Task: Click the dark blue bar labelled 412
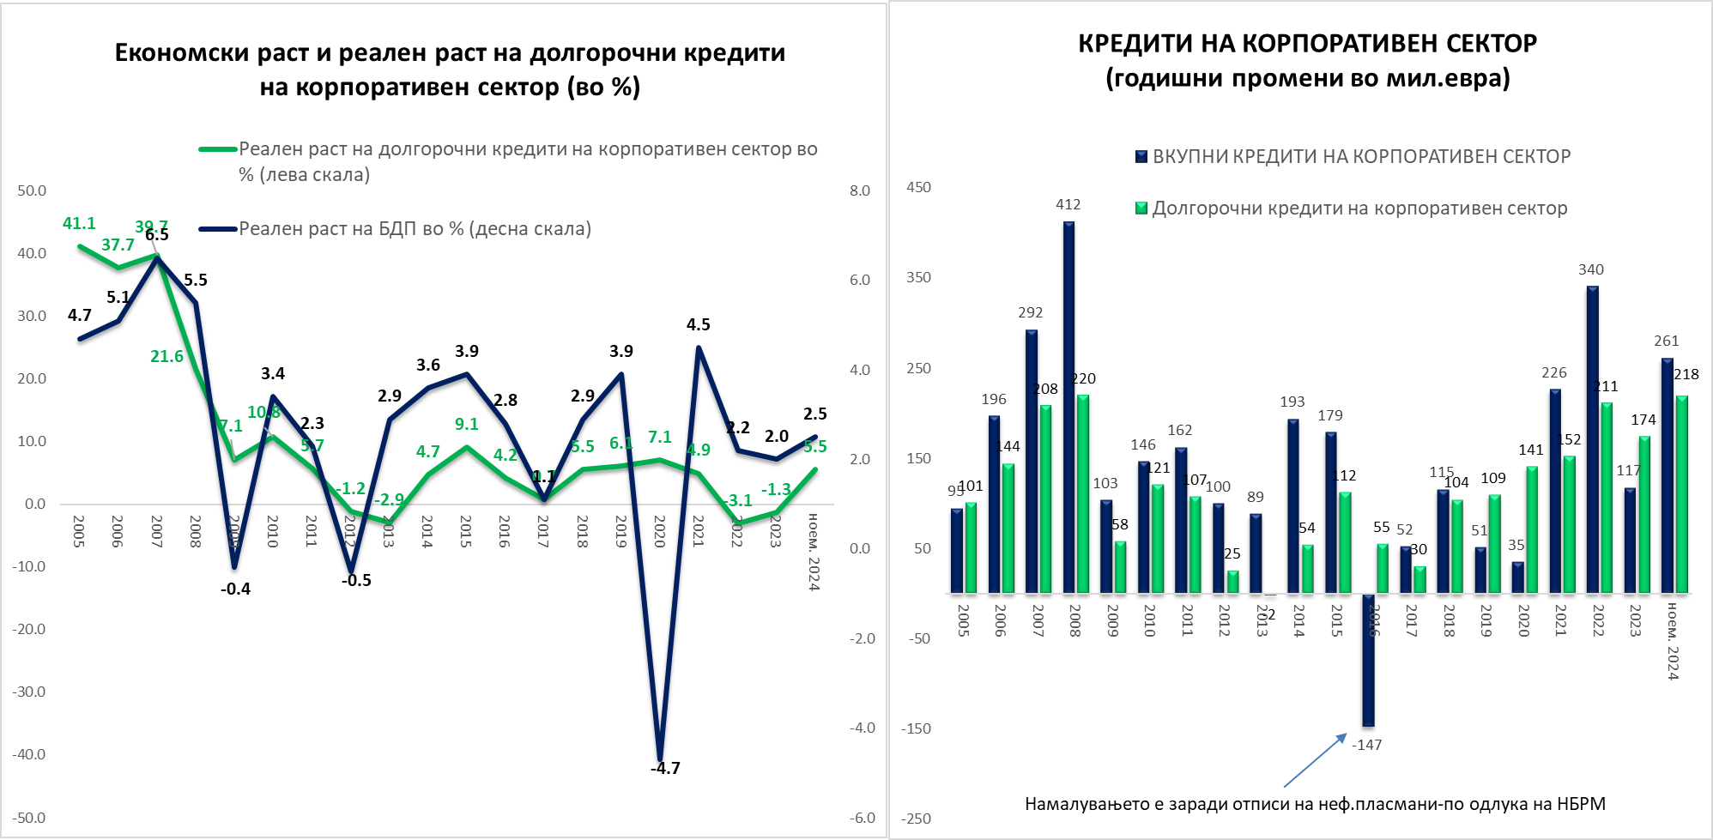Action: tap(1068, 408)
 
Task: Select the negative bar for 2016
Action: tap(1368, 661)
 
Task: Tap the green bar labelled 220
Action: tap(1083, 494)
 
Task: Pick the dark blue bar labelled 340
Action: tap(1592, 439)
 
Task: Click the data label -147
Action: tap(1366, 745)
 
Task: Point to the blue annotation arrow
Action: tap(1315, 760)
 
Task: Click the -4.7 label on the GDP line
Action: tap(665, 768)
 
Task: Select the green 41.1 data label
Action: tap(79, 223)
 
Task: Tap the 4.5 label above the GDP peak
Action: tap(698, 324)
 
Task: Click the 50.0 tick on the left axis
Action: tap(32, 190)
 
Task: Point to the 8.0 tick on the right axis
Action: tap(860, 190)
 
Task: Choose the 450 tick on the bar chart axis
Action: tap(918, 187)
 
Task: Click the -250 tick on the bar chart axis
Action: tap(916, 818)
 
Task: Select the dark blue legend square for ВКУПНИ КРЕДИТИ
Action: tap(1141, 156)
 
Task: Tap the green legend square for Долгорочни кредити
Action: tap(1141, 208)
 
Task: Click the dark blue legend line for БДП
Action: tap(218, 229)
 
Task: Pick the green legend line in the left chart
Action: tap(218, 149)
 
